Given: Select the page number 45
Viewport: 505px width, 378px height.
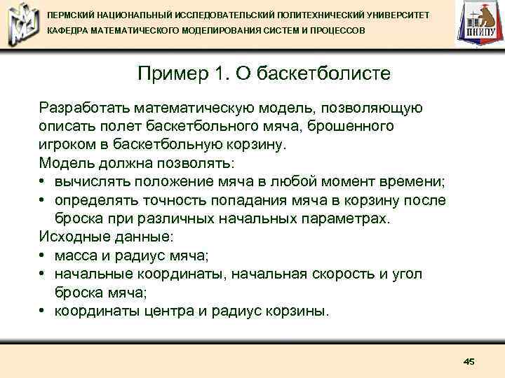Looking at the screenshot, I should [x=469, y=361].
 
